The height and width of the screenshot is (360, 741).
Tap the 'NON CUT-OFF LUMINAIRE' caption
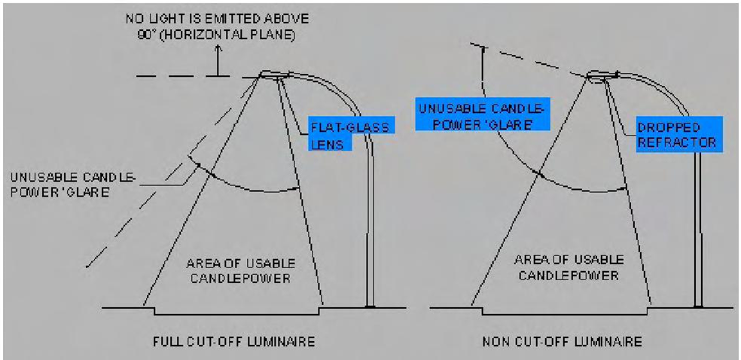click(562, 343)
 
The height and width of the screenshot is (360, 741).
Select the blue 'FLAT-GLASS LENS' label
click(348, 135)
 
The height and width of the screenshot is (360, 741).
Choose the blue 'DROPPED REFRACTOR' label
click(675, 135)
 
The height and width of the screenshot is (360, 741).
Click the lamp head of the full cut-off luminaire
click(270, 76)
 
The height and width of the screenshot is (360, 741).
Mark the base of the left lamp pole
click(369, 305)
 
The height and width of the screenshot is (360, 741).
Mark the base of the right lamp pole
click(698, 305)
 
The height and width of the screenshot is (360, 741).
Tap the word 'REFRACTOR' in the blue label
click(675, 142)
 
